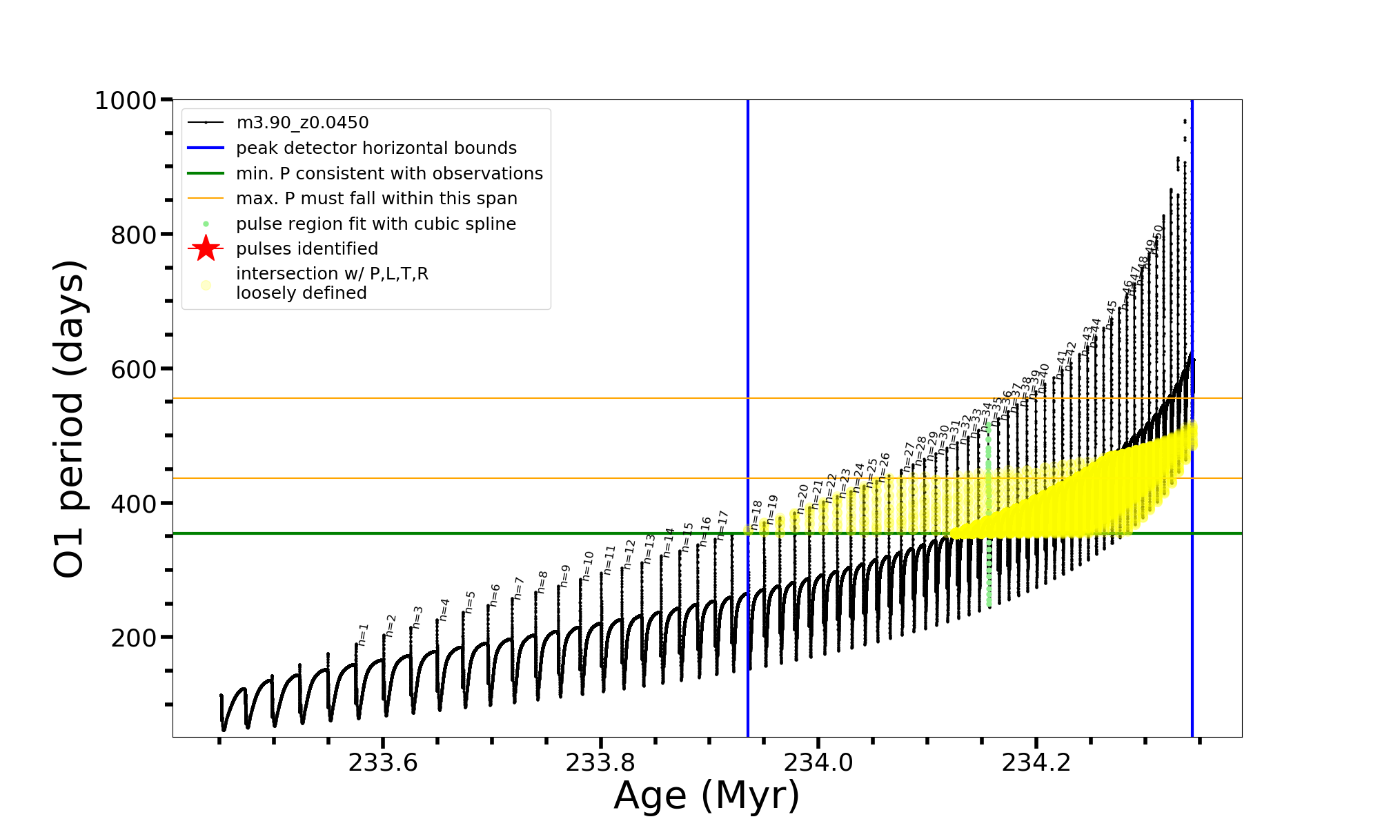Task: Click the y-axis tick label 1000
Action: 126,101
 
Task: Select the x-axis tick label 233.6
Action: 383,763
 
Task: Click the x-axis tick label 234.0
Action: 818,763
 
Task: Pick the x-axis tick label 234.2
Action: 1036,763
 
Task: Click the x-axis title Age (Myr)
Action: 707,796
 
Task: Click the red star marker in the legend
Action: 206,248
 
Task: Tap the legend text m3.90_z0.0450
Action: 302,123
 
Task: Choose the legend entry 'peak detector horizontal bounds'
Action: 376,148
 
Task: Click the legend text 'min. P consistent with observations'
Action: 389,173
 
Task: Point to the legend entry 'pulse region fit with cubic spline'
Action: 375,224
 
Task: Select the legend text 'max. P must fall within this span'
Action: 376,199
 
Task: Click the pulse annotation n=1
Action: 364,634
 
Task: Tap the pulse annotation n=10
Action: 587,566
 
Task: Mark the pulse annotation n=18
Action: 756,515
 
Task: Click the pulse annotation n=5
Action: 471,602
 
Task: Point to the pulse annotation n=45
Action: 1111,314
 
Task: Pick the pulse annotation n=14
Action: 669,542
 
